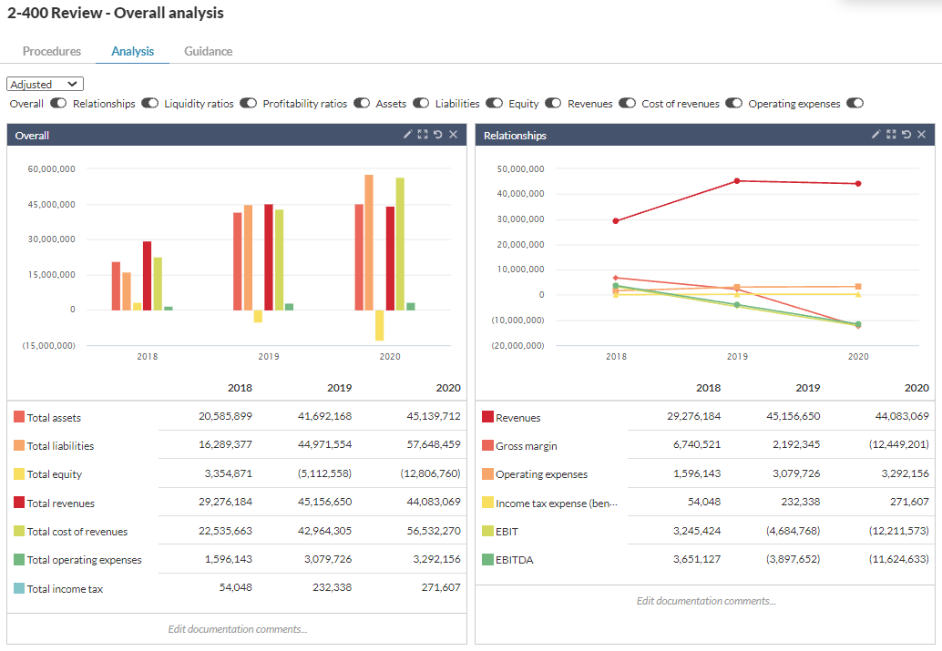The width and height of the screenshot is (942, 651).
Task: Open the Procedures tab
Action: [52, 51]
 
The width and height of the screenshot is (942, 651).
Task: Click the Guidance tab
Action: [208, 51]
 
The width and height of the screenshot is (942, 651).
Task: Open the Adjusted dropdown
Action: [46, 84]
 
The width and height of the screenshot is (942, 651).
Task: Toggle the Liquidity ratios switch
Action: [249, 104]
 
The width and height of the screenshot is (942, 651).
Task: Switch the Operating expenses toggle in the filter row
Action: [855, 104]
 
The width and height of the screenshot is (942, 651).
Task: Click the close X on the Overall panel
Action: [454, 135]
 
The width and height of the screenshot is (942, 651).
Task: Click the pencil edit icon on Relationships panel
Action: [875, 135]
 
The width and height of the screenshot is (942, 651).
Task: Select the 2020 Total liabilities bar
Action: [369, 242]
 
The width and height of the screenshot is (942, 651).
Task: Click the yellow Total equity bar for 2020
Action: [379, 325]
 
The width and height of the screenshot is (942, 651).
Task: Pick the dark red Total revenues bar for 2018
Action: [147, 275]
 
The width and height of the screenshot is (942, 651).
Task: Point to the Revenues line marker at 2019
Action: [737, 180]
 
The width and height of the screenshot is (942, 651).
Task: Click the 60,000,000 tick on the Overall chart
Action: [52, 169]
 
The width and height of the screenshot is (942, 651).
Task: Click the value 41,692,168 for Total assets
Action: [320, 416]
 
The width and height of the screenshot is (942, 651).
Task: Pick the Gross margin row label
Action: [527, 446]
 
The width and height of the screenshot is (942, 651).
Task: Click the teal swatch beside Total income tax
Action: [19, 588]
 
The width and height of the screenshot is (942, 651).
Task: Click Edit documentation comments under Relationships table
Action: [706, 601]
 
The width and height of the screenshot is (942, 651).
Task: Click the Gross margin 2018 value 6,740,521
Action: [690, 445]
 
